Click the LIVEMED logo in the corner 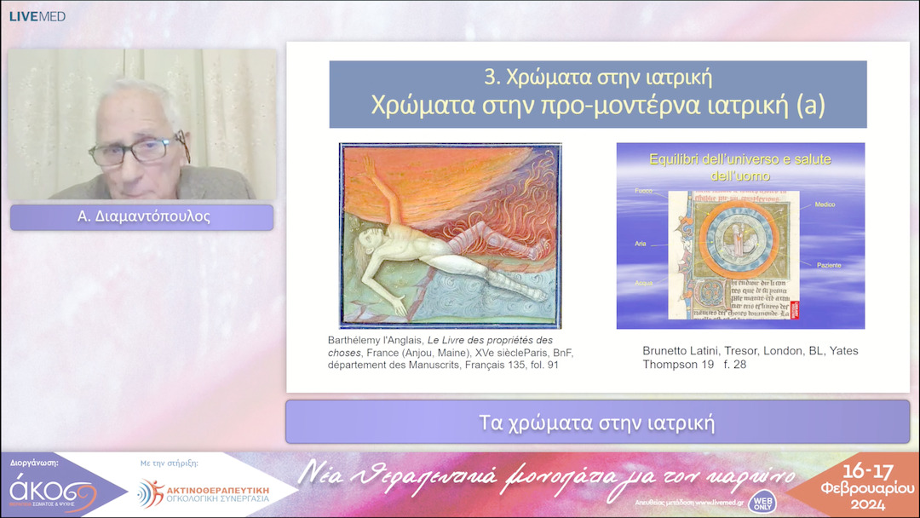click(37, 16)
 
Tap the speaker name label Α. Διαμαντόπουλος click(142, 217)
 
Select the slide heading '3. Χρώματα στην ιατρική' click(597, 78)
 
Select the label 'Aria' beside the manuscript click(640, 244)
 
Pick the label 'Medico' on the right click(825, 204)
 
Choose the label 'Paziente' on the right click(827, 266)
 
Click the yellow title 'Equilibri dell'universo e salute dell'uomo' click(739, 168)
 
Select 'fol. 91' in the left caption click(541, 365)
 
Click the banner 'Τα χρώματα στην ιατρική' click(597, 422)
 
